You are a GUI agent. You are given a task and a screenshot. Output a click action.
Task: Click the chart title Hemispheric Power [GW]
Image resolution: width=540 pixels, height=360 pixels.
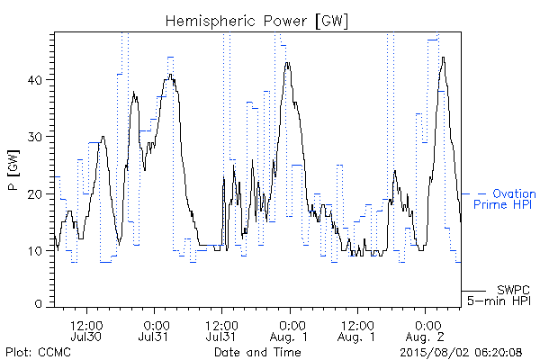pos(256,22)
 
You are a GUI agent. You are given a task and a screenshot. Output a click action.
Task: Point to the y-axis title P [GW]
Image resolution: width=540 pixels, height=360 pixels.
pos(14,170)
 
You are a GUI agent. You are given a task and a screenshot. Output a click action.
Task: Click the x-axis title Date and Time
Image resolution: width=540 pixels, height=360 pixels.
pos(257,352)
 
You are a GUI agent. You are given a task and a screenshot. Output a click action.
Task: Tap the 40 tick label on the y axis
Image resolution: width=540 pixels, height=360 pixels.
pos(34,80)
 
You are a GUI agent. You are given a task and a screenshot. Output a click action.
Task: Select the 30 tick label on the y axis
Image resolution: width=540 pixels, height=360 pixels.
pos(34,137)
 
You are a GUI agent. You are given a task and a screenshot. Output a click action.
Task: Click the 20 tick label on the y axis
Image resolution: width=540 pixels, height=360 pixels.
pos(34,194)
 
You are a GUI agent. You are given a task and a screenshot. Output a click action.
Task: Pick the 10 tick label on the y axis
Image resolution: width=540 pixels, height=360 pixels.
pos(34,251)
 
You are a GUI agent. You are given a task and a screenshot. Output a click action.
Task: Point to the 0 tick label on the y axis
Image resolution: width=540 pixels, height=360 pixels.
pos(38,303)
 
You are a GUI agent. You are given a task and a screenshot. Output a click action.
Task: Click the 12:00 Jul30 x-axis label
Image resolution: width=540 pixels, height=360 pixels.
pos(86,330)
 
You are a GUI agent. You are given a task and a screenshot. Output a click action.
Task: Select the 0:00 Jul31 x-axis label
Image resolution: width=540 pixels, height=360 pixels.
pos(154,330)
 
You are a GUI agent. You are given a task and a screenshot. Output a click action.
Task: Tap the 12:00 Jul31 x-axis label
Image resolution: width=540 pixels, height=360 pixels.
pos(221,330)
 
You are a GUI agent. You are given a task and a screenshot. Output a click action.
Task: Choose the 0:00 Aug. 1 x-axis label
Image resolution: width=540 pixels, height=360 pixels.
pos(289,330)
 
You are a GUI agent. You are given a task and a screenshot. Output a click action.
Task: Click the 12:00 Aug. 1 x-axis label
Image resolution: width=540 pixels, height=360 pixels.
pos(356,330)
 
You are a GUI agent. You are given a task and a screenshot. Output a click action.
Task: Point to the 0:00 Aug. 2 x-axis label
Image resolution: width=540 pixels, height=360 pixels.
pos(425,330)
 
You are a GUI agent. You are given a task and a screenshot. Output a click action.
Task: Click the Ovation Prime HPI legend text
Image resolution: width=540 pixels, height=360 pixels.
pos(504,199)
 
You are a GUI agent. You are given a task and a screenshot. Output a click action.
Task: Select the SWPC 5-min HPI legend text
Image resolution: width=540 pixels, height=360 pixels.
pos(499,295)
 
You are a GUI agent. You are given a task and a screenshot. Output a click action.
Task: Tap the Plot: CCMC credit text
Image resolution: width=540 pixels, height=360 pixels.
pos(38,352)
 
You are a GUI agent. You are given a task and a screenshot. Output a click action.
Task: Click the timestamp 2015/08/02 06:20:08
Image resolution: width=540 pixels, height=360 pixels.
pos(461,352)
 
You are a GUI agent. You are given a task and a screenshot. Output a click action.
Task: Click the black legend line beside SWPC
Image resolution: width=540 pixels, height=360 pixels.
pos(473,291)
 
